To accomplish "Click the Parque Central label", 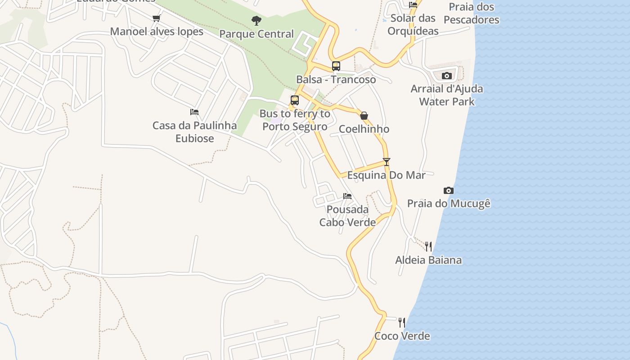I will tap(256, 34).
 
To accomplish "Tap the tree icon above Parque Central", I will tap(256, 20).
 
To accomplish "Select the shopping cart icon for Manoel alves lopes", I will tap(156, 18).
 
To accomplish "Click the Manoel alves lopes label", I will tap(157, 31).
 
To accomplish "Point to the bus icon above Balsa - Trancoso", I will tap(336, 66).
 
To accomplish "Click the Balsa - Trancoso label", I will tap(336, 80).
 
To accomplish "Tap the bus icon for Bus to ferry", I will tap(295, 100).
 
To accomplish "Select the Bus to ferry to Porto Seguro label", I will tap(295, 120).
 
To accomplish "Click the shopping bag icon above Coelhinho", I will tap(364, 116).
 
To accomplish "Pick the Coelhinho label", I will tap(364, 129).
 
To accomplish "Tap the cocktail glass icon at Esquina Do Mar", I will tap(386, 162).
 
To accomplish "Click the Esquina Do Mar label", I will tap(386, 175).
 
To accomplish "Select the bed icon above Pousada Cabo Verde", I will tap(347, 196).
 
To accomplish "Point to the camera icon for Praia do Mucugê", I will tap(448, 190).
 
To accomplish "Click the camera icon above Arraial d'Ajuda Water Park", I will tap(446, 76).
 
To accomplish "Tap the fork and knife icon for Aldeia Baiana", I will tap(428, 246).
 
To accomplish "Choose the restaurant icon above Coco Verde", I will tap(402, 322).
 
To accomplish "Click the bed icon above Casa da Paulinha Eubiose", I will tap(194, 112).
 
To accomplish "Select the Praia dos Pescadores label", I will tap(471, 13).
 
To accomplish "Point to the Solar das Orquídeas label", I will tap(413, 25).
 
